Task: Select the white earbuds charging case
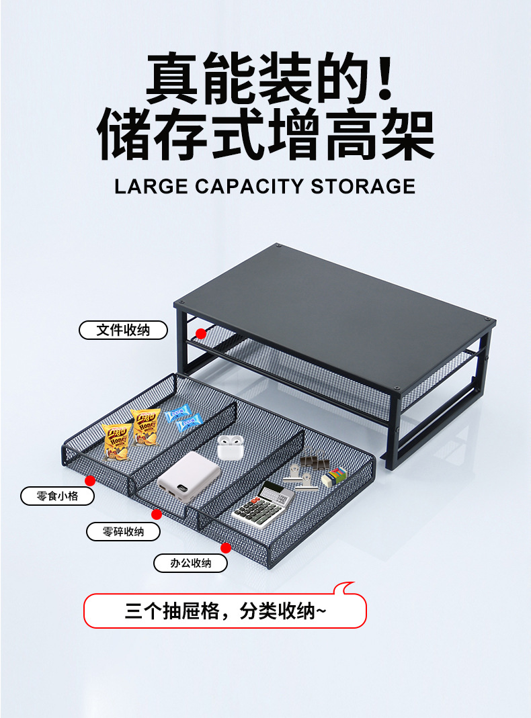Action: (229, 447)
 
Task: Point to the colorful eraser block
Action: (333, 477)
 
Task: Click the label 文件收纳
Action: (123, 330)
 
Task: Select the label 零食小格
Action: (57, 497)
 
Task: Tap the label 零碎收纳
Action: (123, 532)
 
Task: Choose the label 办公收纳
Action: (190, 564)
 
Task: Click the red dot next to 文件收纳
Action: (200, 333)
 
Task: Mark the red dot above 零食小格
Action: (90, 480)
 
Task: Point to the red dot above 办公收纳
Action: (226, 548)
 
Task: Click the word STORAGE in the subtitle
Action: (363, 185)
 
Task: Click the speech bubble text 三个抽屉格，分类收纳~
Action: (225, 611)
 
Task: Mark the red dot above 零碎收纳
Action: (157, 514)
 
